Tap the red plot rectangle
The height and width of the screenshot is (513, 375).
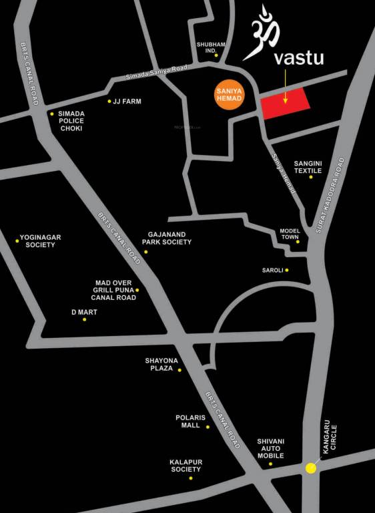pyautogui.click(x=286, y=104)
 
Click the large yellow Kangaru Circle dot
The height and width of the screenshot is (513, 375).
pyautogui.click(x=311, y=468)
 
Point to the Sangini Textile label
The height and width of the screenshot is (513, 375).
pyautogui.click(x=308, y=166)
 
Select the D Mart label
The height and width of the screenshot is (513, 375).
pyautogui.click(x=84, y=312)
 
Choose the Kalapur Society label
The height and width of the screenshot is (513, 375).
pyautogui.click(x=185, y=466)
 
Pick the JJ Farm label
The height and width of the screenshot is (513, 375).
pyautogui.click(x=127, y=102)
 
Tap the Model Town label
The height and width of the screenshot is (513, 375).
pyautogui.click(x=290, y=234)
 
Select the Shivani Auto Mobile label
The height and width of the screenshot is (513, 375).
pyautogui.click(x=271, y=448)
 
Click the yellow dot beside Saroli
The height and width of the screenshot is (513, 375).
pyautogui.click(x=287, y=271)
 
